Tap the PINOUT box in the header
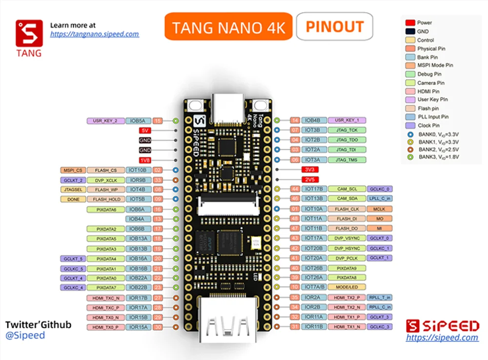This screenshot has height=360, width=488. [x=334, y=26]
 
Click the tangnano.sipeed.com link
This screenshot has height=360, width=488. [x=95, y=34]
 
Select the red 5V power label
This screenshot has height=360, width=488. [x=144, y=130]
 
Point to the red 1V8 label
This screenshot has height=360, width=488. [x=144, y=160]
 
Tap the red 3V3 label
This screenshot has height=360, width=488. [x=308, y=169]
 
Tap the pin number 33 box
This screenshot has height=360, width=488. [x=158, y=180]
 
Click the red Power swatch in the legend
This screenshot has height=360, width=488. [x=410, y=22]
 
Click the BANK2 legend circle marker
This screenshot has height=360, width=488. [x=410, y=149]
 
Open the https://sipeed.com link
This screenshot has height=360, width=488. [x=442, y=337]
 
